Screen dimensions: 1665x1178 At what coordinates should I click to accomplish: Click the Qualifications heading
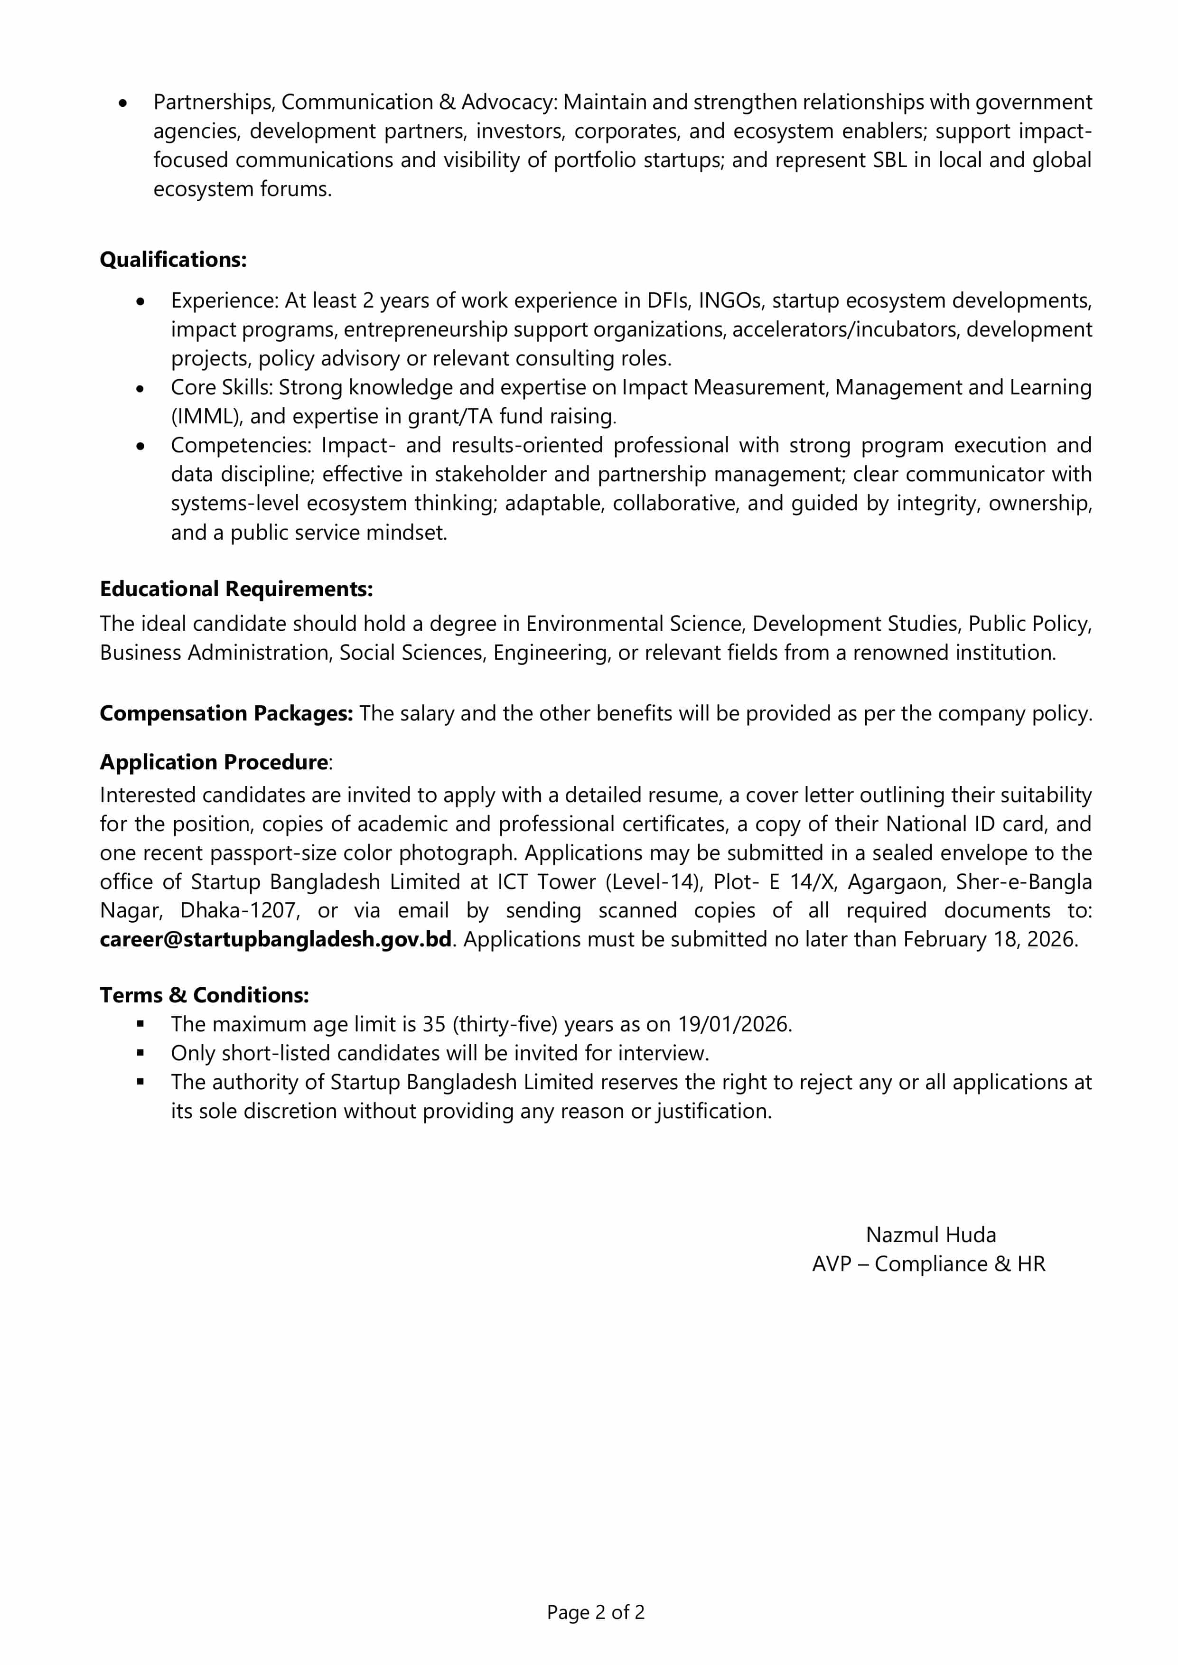coord(173,260)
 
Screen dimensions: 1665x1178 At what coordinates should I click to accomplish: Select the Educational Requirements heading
coord(236,589)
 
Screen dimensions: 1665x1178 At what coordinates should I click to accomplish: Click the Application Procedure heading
coord(214,762)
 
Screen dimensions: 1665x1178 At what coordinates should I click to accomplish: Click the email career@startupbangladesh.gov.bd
coord(276,939)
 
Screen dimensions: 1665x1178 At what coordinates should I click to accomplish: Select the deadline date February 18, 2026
coord(990,939)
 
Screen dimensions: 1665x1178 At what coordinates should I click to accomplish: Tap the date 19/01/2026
coord(733,1024)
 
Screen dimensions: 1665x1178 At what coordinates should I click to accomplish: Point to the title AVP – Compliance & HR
coord(928,1263)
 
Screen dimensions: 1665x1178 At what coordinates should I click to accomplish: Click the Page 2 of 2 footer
coord(596,1612)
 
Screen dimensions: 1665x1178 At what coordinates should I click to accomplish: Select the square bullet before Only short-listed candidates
coord(140,1053)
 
